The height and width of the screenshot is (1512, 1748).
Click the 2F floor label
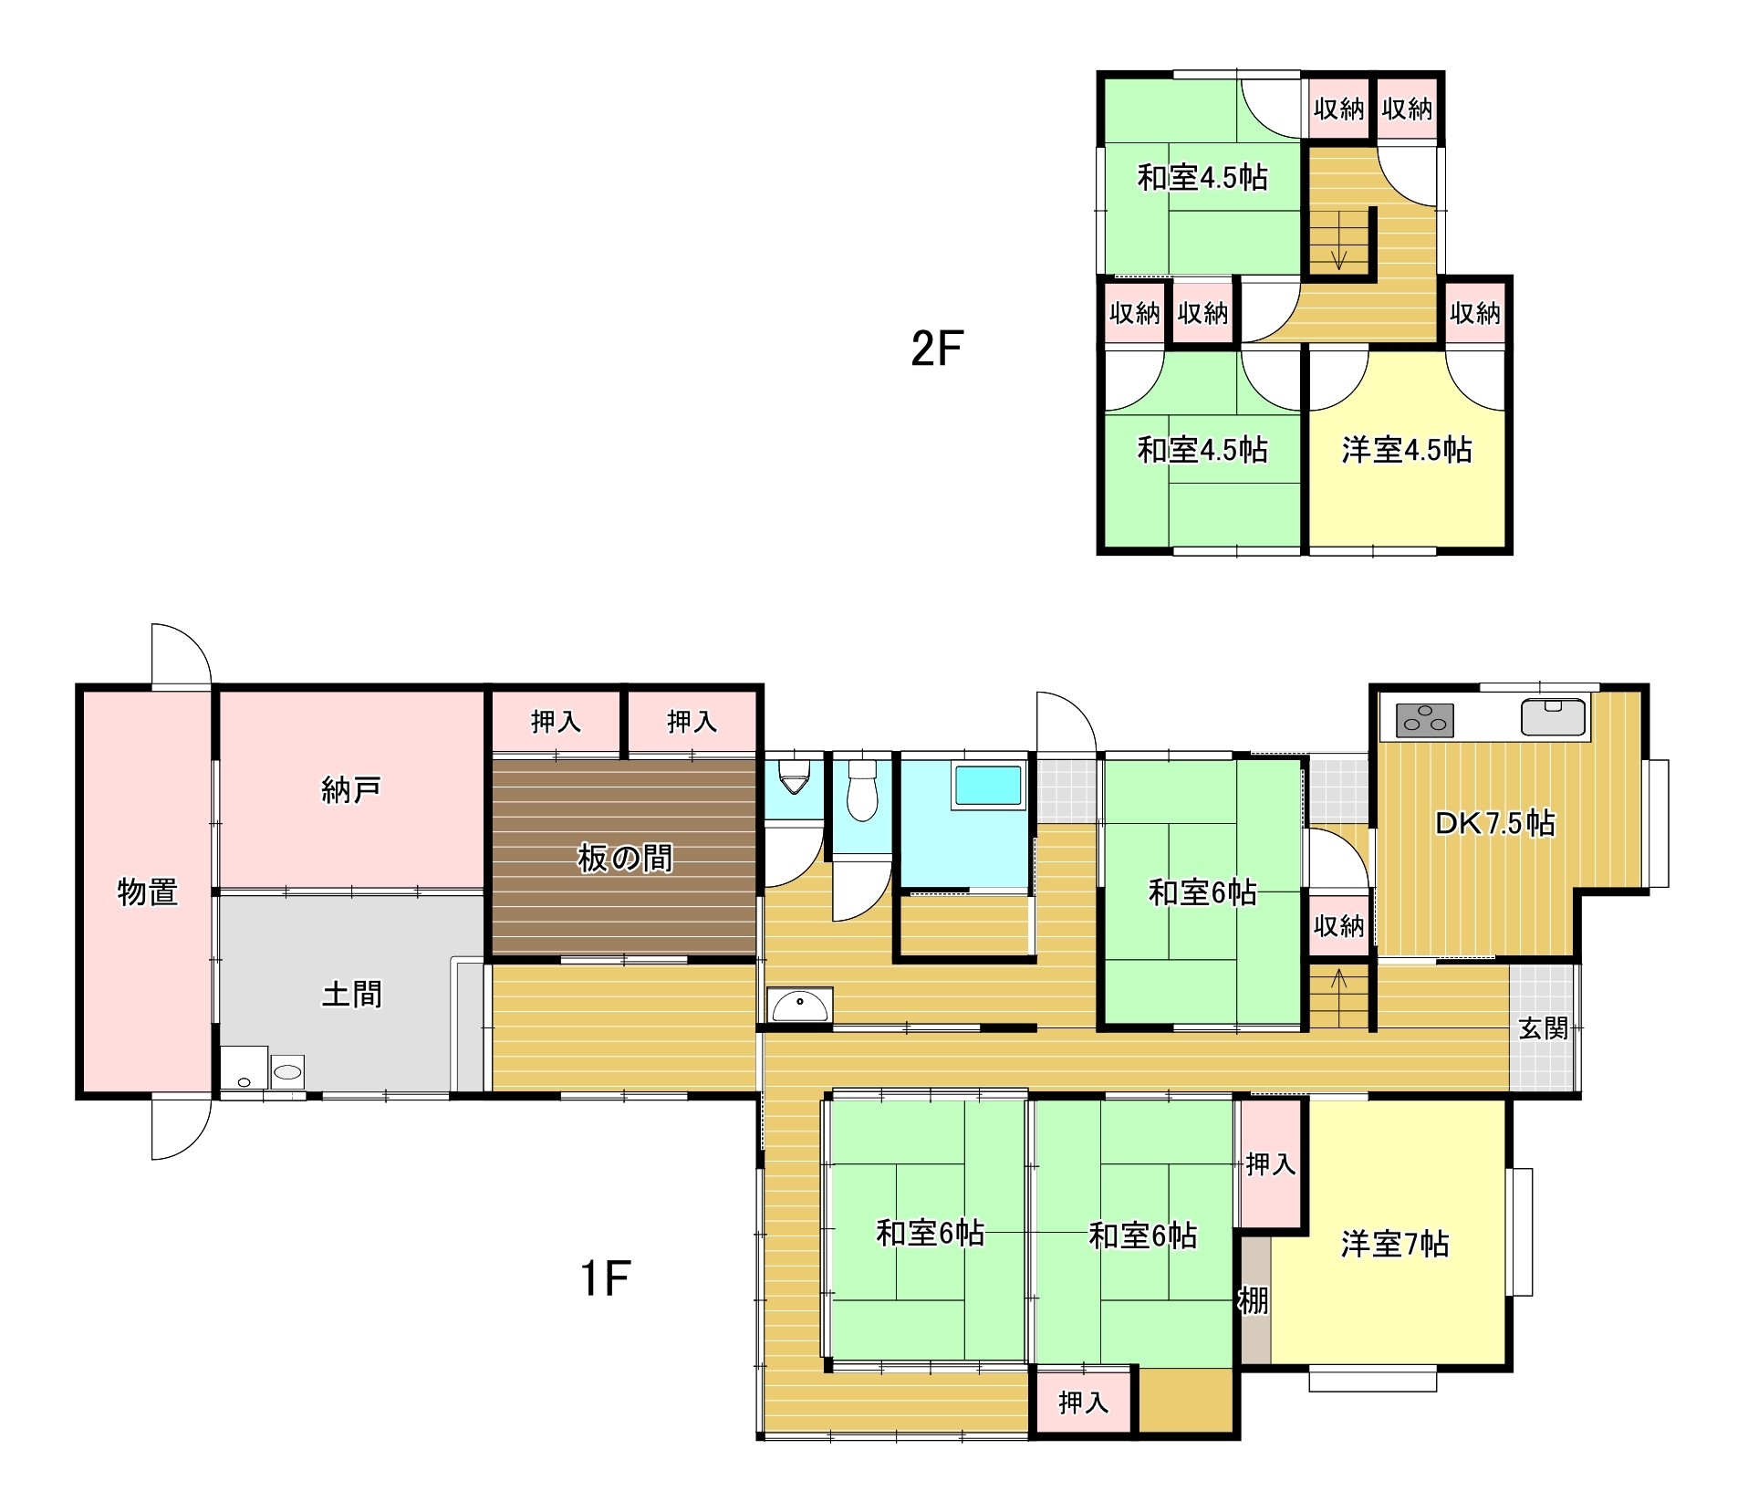(x=937, y=348)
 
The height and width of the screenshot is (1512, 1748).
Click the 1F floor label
(x=605, y=1277)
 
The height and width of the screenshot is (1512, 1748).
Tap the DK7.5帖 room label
(x=1494, y=823)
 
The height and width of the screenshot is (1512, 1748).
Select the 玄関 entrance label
(x=1543, y=1028)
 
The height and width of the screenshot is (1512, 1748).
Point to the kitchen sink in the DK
(x=1554, y=716)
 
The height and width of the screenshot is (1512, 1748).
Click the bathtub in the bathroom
(x=988, y=786)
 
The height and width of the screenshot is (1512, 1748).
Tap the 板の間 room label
(x=625, y=859)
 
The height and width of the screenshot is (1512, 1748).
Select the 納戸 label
(x=350, y=790)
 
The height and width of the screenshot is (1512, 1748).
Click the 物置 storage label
(x=147, y=892)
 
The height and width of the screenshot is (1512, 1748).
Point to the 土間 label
(x=351, y=994)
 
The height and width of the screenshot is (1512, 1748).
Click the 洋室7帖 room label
(x=1394, y=1245)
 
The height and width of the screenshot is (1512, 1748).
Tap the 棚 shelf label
(x=1253, y=1300)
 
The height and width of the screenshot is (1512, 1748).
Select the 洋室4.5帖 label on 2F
(x=1406, y=450)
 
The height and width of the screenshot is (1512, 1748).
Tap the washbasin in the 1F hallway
(x=799, y=1006)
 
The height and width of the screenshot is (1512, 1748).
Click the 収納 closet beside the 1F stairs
(x=1338, y=926)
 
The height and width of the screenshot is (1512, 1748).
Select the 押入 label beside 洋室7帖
(x=1270, y=1163)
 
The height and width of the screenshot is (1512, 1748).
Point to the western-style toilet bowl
(x=862, y=790)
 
